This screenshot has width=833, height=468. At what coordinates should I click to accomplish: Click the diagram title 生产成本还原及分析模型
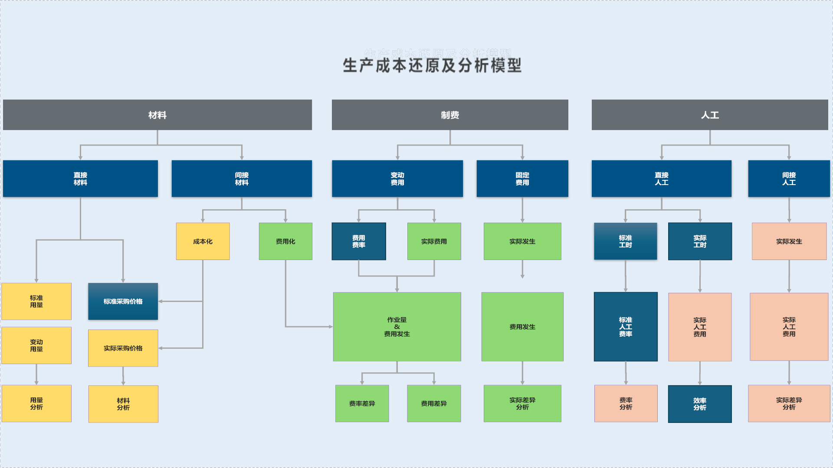click(432, 65)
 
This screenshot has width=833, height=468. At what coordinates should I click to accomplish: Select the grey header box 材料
click(157, 115)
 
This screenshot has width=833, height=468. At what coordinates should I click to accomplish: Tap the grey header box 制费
click(450, 115)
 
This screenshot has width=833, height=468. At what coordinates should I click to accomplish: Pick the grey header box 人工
click(710, 115)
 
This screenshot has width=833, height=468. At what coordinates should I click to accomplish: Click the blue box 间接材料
click(242, 179)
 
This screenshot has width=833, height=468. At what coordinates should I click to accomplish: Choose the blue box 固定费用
click(522, 179)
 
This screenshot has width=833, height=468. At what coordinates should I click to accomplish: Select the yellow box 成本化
click(203, 241)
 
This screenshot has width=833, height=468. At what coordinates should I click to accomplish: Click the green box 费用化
click(285, 241)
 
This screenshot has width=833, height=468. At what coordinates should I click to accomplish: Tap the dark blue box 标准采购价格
click(123, 301)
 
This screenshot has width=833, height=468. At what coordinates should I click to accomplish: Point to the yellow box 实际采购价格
click(123, 348)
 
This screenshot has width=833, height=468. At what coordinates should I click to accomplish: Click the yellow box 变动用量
click(36, 345)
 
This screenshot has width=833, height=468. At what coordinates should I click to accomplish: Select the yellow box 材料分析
click(123, 404)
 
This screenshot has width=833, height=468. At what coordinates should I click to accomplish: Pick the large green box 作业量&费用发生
click(397, 327)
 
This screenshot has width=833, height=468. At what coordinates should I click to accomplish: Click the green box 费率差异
click(362, 403)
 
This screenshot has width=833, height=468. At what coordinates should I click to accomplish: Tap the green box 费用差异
click(434, 403)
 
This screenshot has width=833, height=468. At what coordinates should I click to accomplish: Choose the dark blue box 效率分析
click(700, 404)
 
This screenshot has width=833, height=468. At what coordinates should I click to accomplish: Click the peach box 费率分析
click(626, 403)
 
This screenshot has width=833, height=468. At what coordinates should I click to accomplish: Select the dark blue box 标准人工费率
click(626, 327)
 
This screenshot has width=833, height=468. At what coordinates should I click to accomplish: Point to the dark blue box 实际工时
click(700, 241)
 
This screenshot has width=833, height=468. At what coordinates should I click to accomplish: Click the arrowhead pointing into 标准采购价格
click(161, 301)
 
